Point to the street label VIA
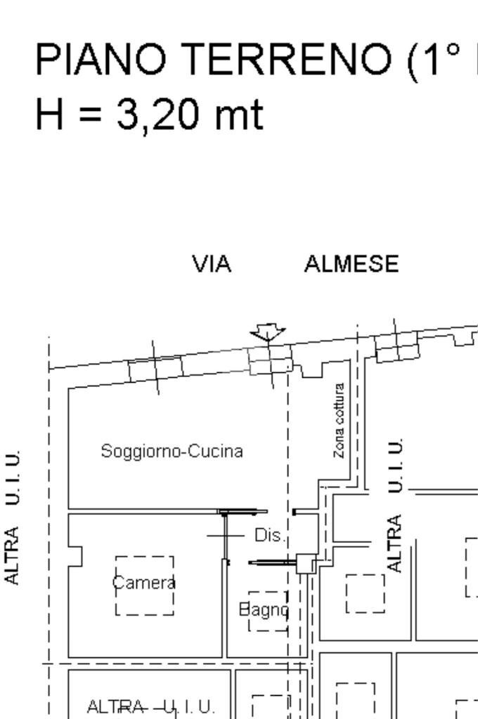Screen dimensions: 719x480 (x=212, y=265)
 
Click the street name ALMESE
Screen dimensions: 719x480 (x=351, y=265)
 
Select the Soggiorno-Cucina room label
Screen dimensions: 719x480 (x=172, y=451)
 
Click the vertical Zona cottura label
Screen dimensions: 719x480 (x=339, y=421)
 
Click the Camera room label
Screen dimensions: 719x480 (x=144, y=583)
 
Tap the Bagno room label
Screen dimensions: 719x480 (x=264, y=609)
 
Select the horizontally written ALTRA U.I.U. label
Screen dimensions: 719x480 (x=150, y=706)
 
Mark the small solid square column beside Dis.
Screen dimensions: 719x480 (x=306, y=563)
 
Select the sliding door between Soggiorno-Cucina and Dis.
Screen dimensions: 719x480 (x=243, y=511)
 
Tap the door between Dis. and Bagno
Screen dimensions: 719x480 (x=273, y=562)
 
